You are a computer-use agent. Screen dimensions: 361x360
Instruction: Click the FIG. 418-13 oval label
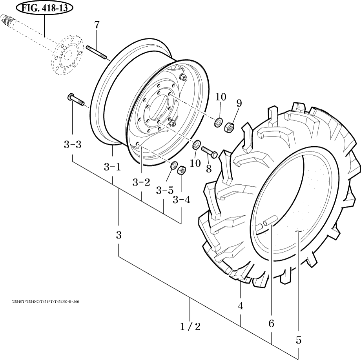pos(44,8)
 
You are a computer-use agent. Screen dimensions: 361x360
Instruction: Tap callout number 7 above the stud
pos(97,25)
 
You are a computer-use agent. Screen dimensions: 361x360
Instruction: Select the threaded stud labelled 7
pos(96,52)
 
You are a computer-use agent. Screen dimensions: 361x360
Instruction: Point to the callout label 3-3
pos(73,145)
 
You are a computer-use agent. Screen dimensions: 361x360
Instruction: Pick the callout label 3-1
pos(112,167)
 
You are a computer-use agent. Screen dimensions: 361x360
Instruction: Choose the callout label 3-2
pos(141,182)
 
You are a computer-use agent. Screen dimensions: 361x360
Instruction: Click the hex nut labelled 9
pos(229,127)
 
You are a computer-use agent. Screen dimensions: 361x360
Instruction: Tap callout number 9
pos(239,103)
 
